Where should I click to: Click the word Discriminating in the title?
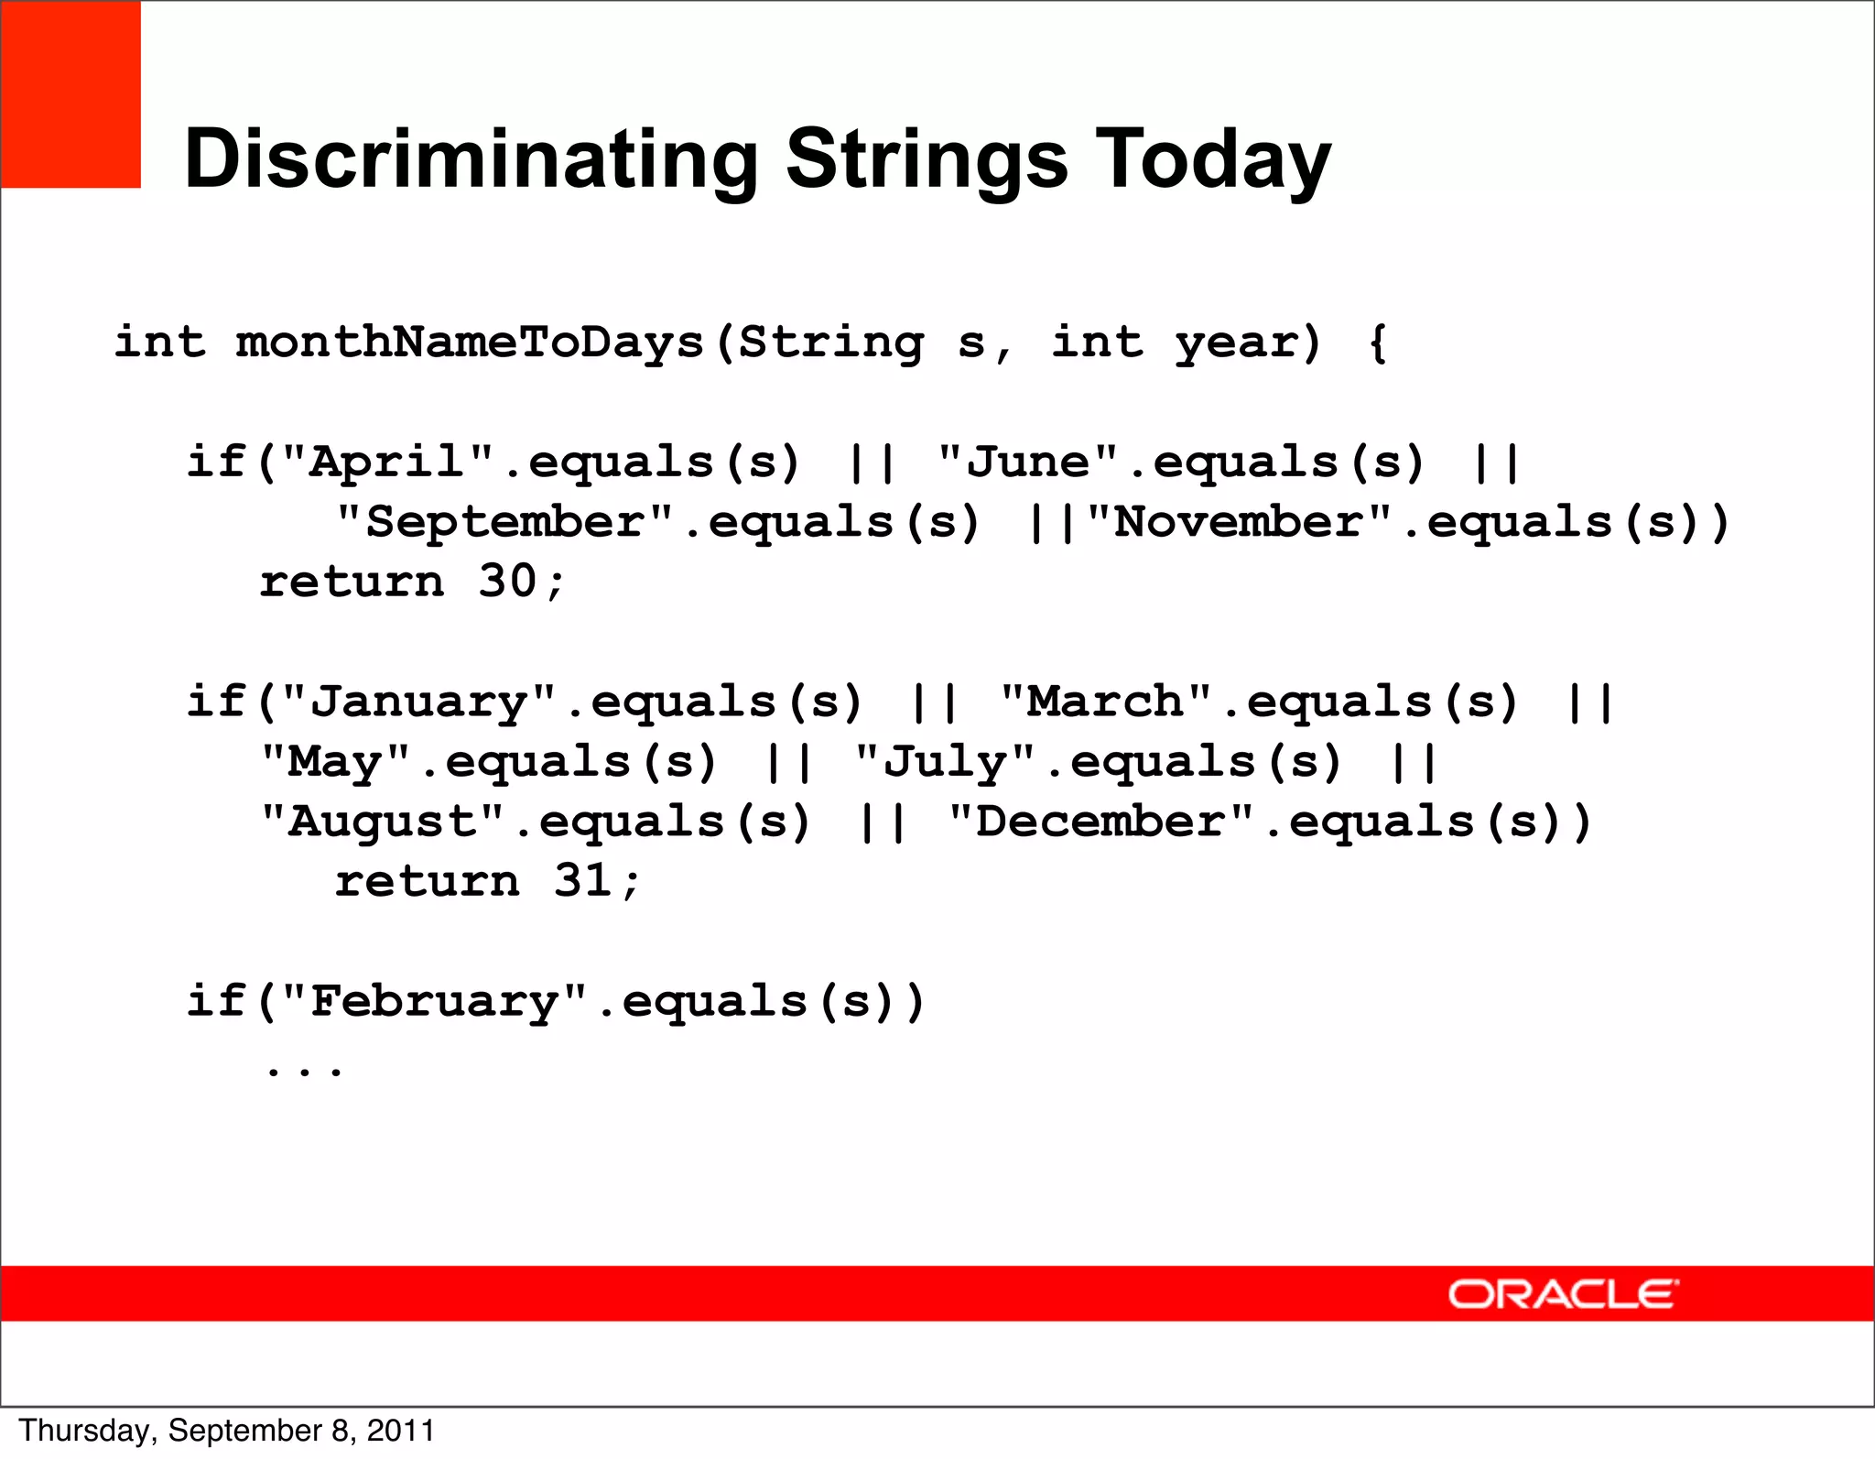coord(471,159)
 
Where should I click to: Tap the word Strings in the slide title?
coord(927,159)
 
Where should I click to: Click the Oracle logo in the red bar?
coord(1562,1294)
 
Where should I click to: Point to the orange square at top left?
coord(70,94)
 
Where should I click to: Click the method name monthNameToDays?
coord(470,343)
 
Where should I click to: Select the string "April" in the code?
coord(388,462)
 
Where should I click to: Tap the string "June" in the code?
coord(1028,462)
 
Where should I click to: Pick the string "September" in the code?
coord(504,522)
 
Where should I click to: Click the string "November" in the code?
coord(1239,522)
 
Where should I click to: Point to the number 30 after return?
coord(507,582)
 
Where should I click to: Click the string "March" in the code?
coord(1106,702)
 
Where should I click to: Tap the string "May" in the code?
coord(335,762)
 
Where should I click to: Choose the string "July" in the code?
coord(945,762)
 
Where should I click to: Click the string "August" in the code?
coord(383,822)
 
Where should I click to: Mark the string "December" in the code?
coord(1100,822)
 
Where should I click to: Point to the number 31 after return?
coord(582,881)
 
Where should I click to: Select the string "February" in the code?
coord(434,1001)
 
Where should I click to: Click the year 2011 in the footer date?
coord(401,1431)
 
